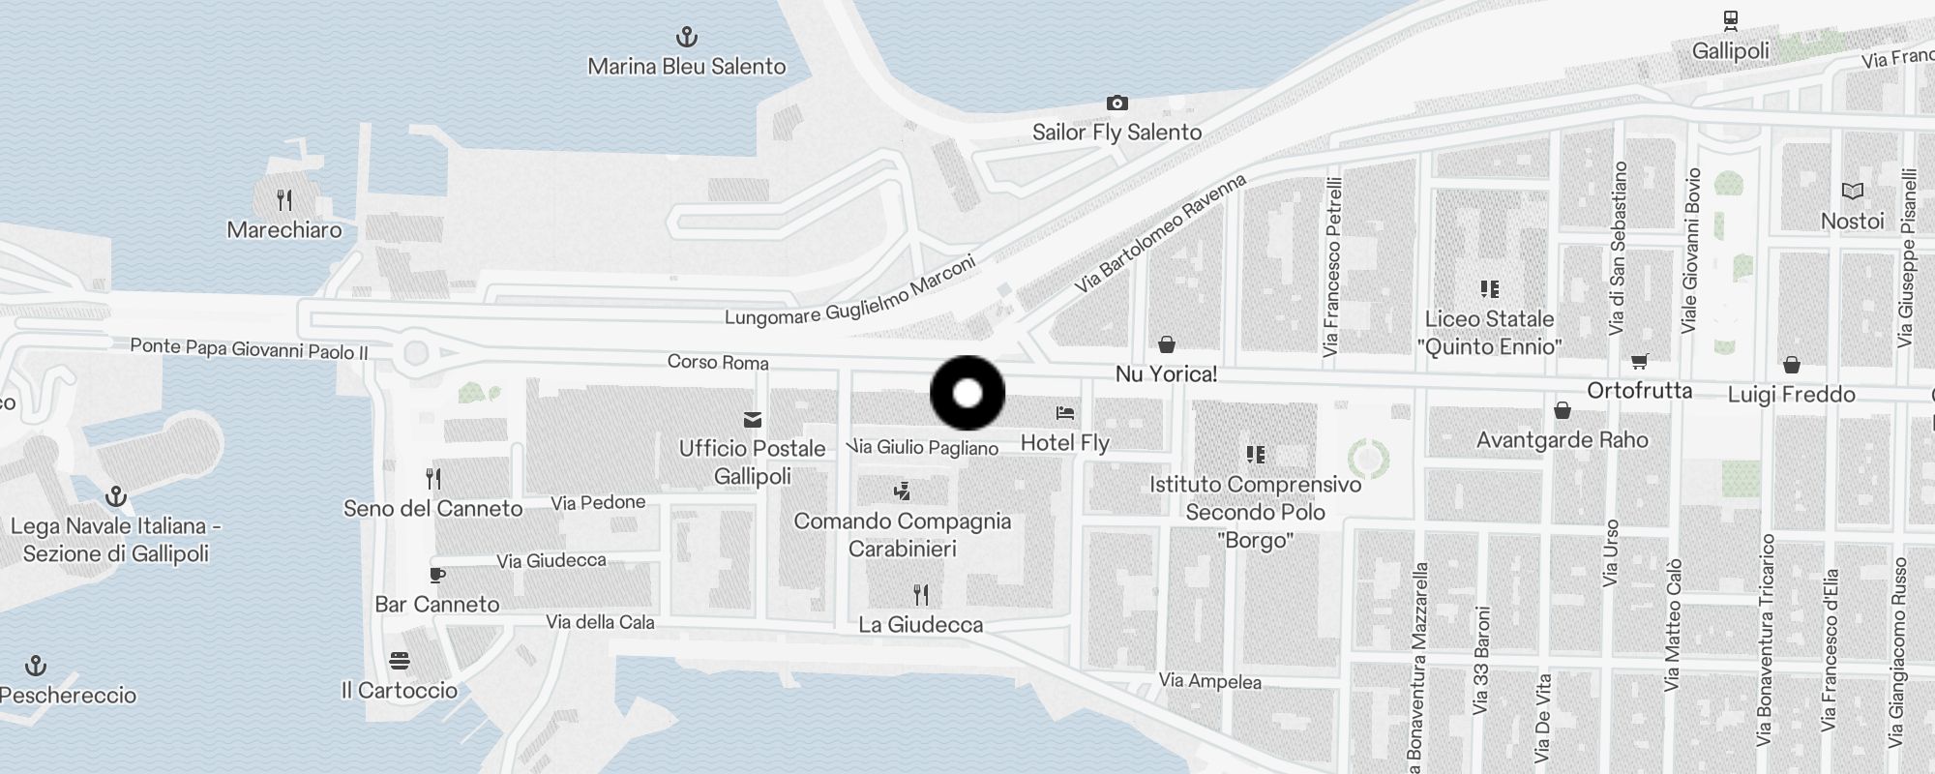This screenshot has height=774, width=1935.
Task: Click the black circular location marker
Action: click(967, 393)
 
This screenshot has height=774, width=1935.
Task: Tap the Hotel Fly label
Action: click(1064, 443)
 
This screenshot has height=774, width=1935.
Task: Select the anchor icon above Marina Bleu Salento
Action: click(686, 38)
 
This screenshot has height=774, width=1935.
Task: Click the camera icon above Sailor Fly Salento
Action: click(1116, 103)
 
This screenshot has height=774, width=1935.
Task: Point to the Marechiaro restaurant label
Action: click(283, 230)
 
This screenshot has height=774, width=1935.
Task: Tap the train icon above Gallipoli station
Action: click(1730, 20)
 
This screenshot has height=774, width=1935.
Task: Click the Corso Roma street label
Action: click(718, 362)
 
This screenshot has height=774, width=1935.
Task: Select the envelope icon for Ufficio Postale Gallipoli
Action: click(752, 420)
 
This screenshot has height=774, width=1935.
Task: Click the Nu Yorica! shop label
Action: click(1166, 374)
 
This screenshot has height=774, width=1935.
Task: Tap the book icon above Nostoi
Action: click(1852, 192)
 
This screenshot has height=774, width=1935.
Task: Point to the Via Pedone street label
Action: click(598, 502)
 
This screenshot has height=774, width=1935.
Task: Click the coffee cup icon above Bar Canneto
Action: click(437, 575)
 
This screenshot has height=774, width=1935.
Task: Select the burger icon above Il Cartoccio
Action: click(400, 662)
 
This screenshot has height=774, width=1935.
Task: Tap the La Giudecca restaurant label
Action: click(920, 625)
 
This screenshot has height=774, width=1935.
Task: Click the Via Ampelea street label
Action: click(1209, 681)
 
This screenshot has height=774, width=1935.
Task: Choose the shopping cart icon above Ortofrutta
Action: click(1639, 362)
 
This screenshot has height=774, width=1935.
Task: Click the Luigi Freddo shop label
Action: click(1791, 395)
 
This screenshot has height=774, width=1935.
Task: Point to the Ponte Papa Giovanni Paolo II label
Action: click(249, 348)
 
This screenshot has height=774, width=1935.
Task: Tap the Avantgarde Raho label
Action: click(1562, 440)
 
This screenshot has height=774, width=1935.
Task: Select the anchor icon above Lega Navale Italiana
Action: click(116, 497)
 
